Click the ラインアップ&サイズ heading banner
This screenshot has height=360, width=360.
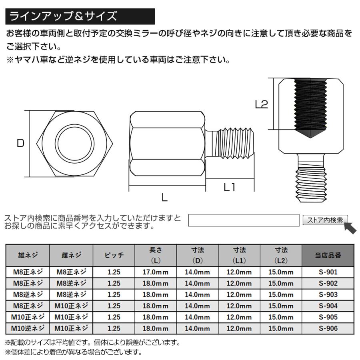(x=80, y=16)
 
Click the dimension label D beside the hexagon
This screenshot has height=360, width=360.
(x=20, y=143)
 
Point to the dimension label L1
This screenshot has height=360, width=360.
(x=229, y=187)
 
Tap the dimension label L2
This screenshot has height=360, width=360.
(x=261, y=104)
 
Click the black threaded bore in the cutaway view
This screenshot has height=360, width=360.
(x=310, y=106)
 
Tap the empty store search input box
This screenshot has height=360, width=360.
(x=244, y=220)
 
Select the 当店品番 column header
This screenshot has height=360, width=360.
(x=328, y=256)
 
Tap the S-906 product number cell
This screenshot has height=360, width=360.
(x=328, y=328)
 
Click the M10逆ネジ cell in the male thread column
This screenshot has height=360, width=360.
(x=28, y=328)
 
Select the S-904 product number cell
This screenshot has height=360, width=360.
(x=328, y=306)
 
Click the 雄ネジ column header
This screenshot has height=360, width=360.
(x=28, y=256)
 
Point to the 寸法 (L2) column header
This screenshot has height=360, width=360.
(x=281, y=256)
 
